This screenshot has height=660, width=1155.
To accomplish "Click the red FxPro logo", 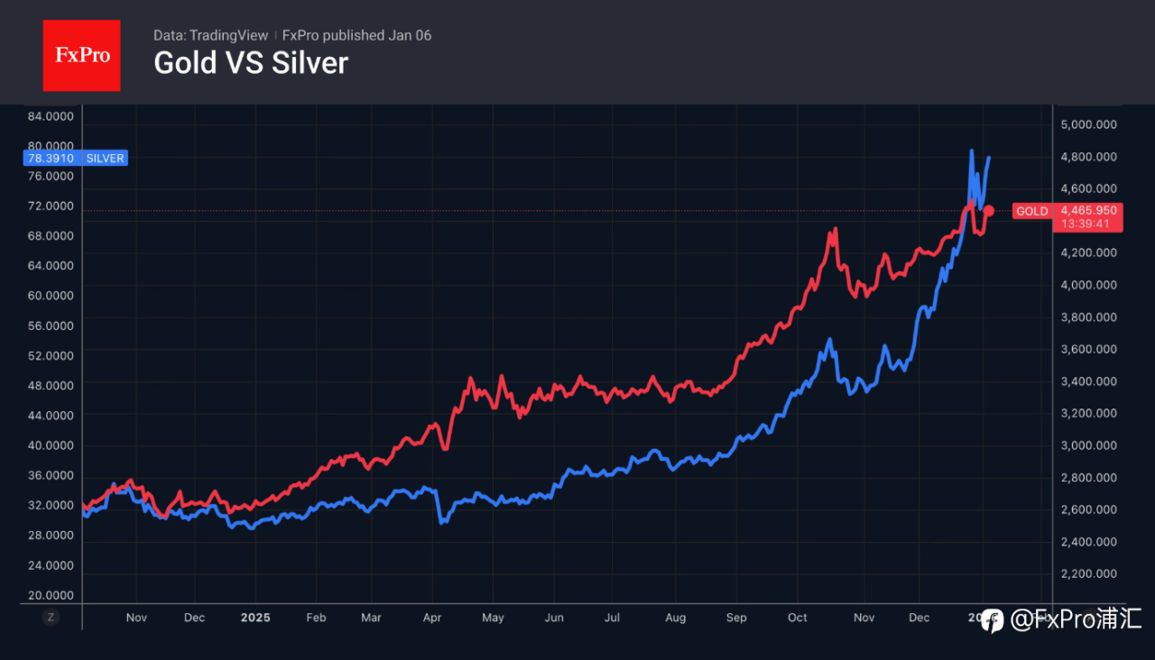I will point(81,55).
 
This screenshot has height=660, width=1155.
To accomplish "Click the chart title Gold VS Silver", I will point(251,63).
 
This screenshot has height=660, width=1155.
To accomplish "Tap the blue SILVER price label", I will point(74,158).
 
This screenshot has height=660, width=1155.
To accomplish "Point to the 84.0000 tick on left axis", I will point(51,116).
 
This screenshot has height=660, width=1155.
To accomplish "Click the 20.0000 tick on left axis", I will point(51,595).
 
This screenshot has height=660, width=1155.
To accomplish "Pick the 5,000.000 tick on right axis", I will point(1089,124).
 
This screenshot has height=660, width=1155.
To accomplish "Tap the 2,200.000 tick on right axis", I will point(1089,573).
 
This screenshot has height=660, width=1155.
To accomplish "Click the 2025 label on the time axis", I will point(255,618).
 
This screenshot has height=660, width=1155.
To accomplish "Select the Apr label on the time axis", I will point(432,618).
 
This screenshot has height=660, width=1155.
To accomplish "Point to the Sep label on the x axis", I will point(736,618).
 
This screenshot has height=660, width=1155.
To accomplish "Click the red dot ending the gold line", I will point(989,211).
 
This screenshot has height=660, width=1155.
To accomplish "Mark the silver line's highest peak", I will point(972,151).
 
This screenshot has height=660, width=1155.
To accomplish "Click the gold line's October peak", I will point(835,229).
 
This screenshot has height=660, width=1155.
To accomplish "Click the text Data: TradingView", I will point(211,35).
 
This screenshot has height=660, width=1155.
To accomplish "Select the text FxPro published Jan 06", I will point(356,35).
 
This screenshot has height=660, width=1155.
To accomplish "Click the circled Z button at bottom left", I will point(51,618).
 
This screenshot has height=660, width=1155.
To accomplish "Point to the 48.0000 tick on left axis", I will point(51,385).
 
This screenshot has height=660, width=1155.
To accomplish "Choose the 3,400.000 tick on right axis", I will point(1089,381).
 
